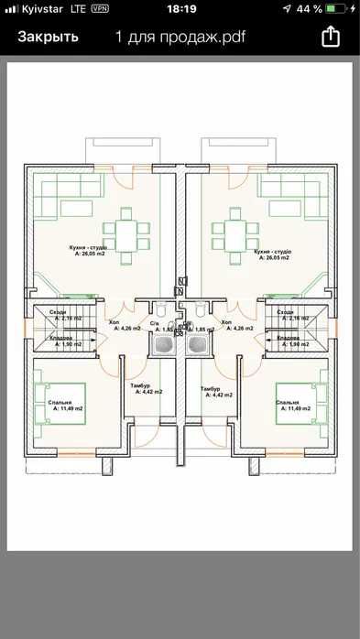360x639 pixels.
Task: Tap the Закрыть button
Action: (x=49, y=38)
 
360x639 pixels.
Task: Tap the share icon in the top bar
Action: (x=330, y=38)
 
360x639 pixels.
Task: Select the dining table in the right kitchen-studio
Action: (x=231, y=231)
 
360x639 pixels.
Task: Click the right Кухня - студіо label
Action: (x=272, y=251)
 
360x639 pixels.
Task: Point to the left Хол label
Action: (x=115, y=323)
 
